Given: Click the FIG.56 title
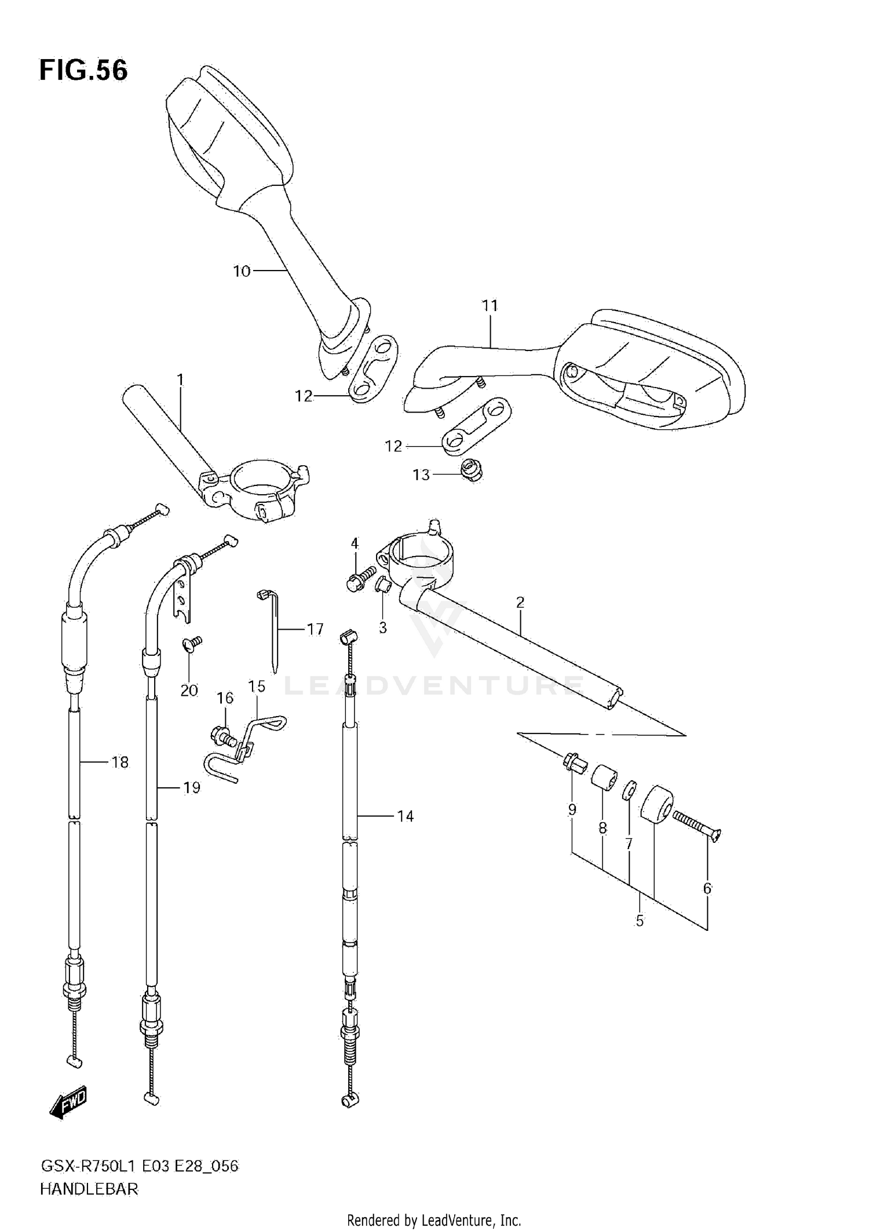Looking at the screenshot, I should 83,71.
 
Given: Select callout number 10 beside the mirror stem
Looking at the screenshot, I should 242,271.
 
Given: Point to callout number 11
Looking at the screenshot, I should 490,305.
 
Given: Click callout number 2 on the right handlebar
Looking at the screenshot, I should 520,602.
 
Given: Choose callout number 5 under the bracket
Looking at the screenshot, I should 640,920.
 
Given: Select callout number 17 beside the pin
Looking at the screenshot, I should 315,629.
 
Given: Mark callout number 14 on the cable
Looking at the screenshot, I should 406,816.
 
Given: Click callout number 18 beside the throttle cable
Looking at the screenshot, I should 120,762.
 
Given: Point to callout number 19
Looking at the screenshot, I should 191,787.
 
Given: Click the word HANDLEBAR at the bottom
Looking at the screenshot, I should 89,1189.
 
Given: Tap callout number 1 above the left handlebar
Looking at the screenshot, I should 180,380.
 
